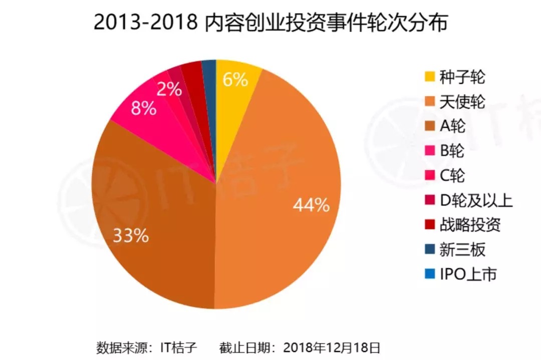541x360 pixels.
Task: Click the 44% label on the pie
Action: click(x=311, y=205)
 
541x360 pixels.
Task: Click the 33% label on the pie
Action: click(x=131, y=236)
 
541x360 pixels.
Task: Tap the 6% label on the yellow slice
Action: click(x=235, y=80)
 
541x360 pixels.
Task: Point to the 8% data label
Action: click(x=144, y=108)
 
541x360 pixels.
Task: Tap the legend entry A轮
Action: click(x=452, y=126)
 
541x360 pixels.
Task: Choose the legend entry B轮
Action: click(x=452, y=151)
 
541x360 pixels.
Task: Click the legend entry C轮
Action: click(x=452, y=176)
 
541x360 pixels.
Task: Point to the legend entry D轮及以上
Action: click(x=476, y=200)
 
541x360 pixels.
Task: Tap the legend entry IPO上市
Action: click(x=468, y=274)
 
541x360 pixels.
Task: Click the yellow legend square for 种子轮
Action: click(x=429, y=77)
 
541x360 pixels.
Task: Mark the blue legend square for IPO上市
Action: click(x=429, y=274)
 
